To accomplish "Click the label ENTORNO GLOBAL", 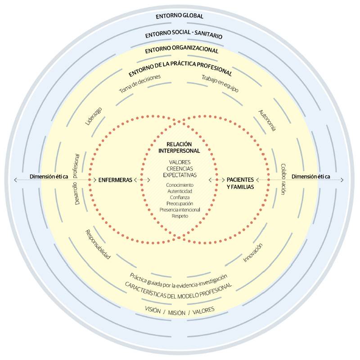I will (x=180, y=16).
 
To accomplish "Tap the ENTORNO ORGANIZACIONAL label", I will (x=182, y=50).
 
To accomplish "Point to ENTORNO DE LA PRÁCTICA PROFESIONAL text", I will (x=180, y=67).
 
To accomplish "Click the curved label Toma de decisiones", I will (x=139, y=83).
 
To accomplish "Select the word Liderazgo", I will (x=94, y=116).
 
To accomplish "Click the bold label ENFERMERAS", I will (x=115, y=180).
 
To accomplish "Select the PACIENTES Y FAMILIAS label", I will (x=240, y=183).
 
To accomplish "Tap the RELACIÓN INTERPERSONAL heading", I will (x=180, y=147).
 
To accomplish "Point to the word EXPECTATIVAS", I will (x=180, y=175).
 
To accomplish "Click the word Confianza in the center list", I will (x=180, y=197).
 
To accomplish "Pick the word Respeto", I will (x=180, y=216).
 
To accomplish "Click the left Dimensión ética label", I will (x=49, y=176).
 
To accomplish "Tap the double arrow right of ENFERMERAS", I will (x=142, y=180).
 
